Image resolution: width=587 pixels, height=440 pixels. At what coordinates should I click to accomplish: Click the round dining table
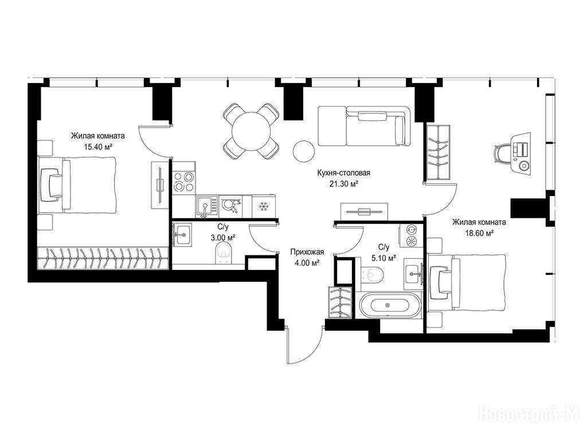pyautogui.click(x=251, y=131)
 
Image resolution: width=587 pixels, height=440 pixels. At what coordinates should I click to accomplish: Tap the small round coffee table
pyautogui.click(x=303, y=151)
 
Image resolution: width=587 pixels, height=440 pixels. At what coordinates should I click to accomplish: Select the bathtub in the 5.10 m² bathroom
pyautogui.click(x=390, y=305)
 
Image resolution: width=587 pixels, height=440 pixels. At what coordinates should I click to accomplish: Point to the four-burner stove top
pyautogui.click(x=184, y=182)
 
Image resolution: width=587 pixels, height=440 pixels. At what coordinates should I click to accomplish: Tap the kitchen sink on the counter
pyautogui.click(x=206, y=206)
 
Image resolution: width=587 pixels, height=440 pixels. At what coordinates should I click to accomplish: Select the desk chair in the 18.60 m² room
pyautogui.click(x=502, y=154)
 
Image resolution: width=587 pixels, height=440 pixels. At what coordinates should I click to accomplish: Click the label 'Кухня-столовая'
pyautogui.click(x=343, y=173)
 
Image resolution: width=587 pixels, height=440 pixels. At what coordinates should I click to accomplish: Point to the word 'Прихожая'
pyautogui.click(x=307, y=252)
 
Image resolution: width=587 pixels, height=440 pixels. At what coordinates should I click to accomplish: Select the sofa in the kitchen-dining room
pyautogui.click(x=364, y=126)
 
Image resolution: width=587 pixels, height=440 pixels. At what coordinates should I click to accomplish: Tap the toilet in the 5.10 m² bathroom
pyautogui.click(x=373, y=274)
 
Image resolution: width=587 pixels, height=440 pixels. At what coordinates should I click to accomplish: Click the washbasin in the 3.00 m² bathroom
pyautogui.click(x=183, y=234)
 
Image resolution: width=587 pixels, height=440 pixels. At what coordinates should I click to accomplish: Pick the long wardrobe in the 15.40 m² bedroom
pyautogui.click(x=103, y=258)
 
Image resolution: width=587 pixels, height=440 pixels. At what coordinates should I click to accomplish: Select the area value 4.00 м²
pyautogui.click(x=307, y=262)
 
